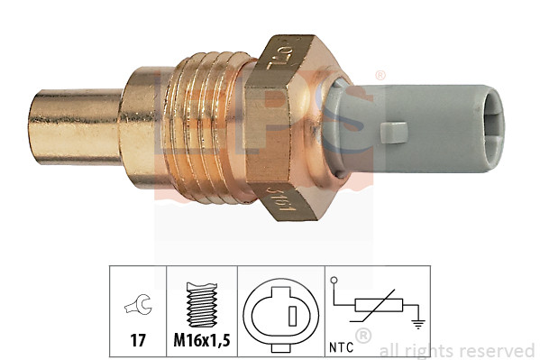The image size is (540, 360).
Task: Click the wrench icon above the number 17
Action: (x=138, y=308)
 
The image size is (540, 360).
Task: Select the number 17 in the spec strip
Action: (x=138, y=341)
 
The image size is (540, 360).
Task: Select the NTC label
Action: (x=340, y=343)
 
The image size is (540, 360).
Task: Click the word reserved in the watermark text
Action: (x=501, y=350)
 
